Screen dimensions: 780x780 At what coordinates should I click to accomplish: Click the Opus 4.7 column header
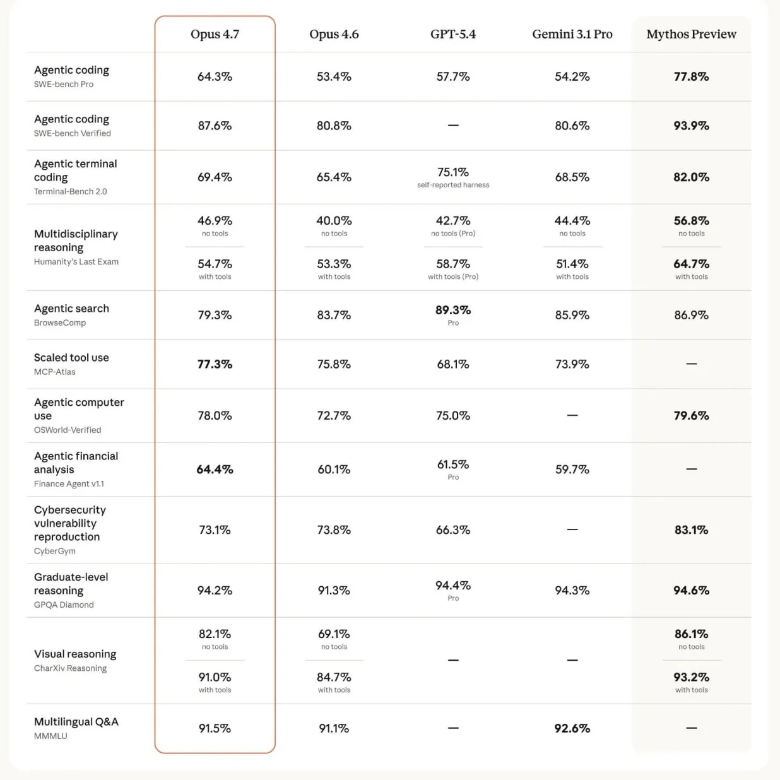coord(215,35)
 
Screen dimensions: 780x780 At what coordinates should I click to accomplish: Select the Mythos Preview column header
coord(691,35)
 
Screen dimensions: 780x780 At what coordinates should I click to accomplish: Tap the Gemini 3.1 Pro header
coord(572,35)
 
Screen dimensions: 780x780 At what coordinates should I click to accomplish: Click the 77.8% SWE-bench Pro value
coord(691,76)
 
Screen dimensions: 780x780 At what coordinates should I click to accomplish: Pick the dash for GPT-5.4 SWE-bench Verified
coord(453,126)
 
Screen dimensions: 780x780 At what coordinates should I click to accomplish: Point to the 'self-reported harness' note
coord(453,185)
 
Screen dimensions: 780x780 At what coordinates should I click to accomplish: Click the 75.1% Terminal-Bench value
coord(453,172)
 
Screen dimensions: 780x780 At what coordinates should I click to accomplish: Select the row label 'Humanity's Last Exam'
coord(76,262)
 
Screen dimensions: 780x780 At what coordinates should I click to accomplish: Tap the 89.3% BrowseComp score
coord(453,310)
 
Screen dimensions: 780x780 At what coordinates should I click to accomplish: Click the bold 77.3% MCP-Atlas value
coord(215,364)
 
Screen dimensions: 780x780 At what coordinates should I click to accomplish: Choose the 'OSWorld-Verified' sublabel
coord(68,430)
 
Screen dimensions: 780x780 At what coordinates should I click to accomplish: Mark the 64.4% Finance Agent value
coord(215,470)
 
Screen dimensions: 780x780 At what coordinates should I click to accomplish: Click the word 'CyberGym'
coord(55,551)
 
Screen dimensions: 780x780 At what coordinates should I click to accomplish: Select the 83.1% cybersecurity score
coord(691,530)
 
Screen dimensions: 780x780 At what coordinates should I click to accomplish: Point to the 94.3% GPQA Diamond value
coord(572,590)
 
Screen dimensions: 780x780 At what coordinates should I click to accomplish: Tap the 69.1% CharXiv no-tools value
coord(334,634)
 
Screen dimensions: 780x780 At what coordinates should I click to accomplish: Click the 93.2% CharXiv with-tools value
coord(691,677)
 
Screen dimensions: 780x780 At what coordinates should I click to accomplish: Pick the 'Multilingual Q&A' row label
coord(76,722)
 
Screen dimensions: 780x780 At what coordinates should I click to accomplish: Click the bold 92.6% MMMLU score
coord(572,729)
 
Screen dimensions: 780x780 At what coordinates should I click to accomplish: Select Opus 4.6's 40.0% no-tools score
coord(334,221)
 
